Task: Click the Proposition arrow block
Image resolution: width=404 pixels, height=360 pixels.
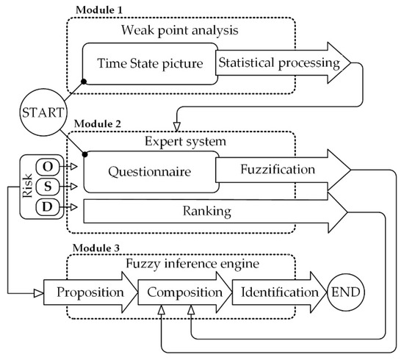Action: [90, 292]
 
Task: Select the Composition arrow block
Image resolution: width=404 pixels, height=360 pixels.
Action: [184, 292]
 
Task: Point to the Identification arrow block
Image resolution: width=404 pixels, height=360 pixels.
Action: [279, 292]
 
